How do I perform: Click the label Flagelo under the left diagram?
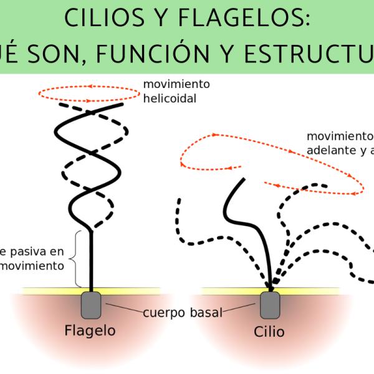(x=90, y=330)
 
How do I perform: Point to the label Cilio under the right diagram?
(x=270, y=330)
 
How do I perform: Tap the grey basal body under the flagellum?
(x=91, y=305)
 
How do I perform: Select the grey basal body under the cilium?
(x=270, y=305)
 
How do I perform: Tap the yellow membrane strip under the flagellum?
(x=56, y=290)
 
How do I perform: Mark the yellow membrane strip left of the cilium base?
(x=231, y=290)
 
